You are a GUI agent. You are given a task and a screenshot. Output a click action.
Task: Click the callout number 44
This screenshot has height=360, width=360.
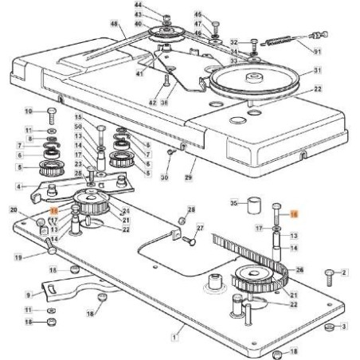click(x=137, y=6)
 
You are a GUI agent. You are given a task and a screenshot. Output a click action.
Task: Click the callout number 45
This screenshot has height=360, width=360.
click(x=198, y=14)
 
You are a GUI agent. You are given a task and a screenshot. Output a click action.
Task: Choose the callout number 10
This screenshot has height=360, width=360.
click(x=29, y=110)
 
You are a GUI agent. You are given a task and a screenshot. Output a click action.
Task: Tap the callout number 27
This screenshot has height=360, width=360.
click(x=200, y=228)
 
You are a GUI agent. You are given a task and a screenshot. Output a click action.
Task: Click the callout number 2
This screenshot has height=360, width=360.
click(x=345, y=273)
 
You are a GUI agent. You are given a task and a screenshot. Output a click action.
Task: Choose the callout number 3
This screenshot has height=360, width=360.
click(x=343, y=327)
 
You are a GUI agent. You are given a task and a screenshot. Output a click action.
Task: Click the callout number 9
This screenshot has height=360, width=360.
click(x=29, y=295)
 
